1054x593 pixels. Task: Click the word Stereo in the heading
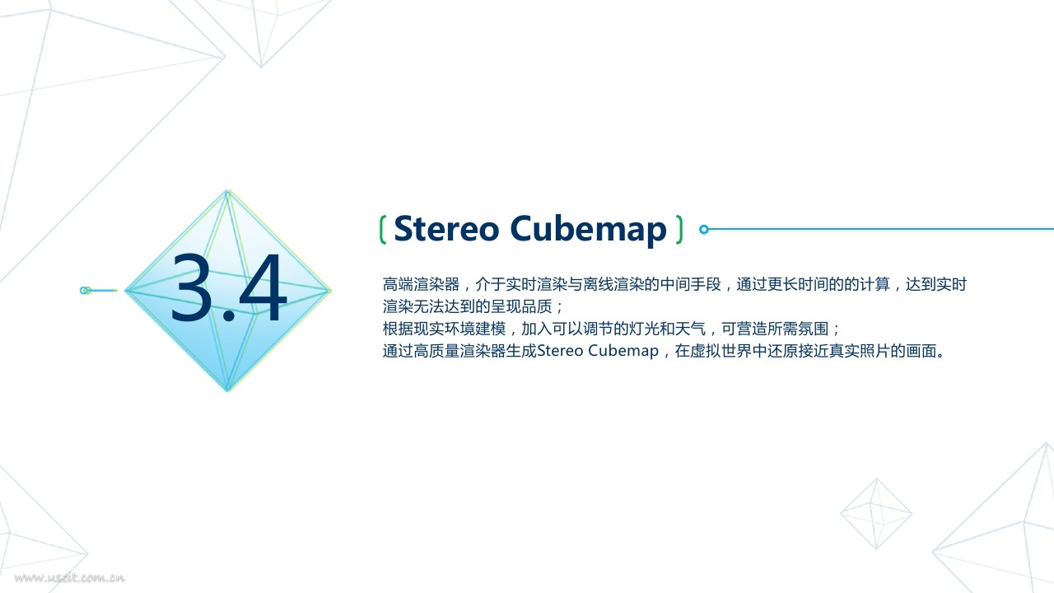point(446,229)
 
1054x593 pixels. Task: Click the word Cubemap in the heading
point(588,231)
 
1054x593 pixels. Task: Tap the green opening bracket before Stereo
point(383,230)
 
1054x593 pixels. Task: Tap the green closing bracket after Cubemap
point(679,230)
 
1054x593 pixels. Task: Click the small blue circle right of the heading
point(704,229)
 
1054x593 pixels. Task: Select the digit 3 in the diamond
point(191,287)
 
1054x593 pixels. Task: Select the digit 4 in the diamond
point(263,287)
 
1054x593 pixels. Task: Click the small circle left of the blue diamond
point(85,291)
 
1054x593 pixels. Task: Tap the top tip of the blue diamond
point(227,190)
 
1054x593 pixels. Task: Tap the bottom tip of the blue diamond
point(227,390)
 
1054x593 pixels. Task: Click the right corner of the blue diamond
point(330,291)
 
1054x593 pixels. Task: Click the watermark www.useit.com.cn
point(70,577)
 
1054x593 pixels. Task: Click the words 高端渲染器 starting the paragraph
point(421,284)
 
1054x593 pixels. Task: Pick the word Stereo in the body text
point(560,351)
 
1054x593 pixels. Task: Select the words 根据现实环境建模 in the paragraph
point(444,329)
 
